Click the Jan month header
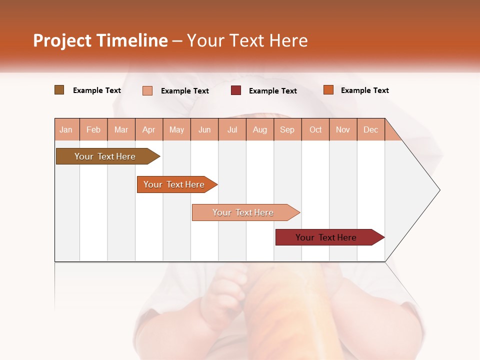[x=66, y=129]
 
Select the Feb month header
[x=93, y=129]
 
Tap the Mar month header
[x=121, y=129]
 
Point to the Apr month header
[x=149, y=129]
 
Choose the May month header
[x=176, y=129]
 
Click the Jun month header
[x=204, y=129]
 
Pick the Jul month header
[x=232, y=129]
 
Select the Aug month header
[x=260, y=129]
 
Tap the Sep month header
[x=287, y=129]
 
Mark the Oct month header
[x=315, y=129]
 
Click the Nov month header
[x=343, y=129]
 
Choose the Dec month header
[x=371, y=129]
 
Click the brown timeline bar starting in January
[x=105, y=156]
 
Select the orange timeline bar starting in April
[x=174, y=184]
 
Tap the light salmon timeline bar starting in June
[x=243, y=212]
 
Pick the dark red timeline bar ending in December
[x=326, y=237]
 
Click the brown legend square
[x=59, y=90]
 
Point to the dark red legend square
[x=236, y=90]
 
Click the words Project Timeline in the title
[x=100, y=40]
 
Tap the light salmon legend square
[x=147, y=90]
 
